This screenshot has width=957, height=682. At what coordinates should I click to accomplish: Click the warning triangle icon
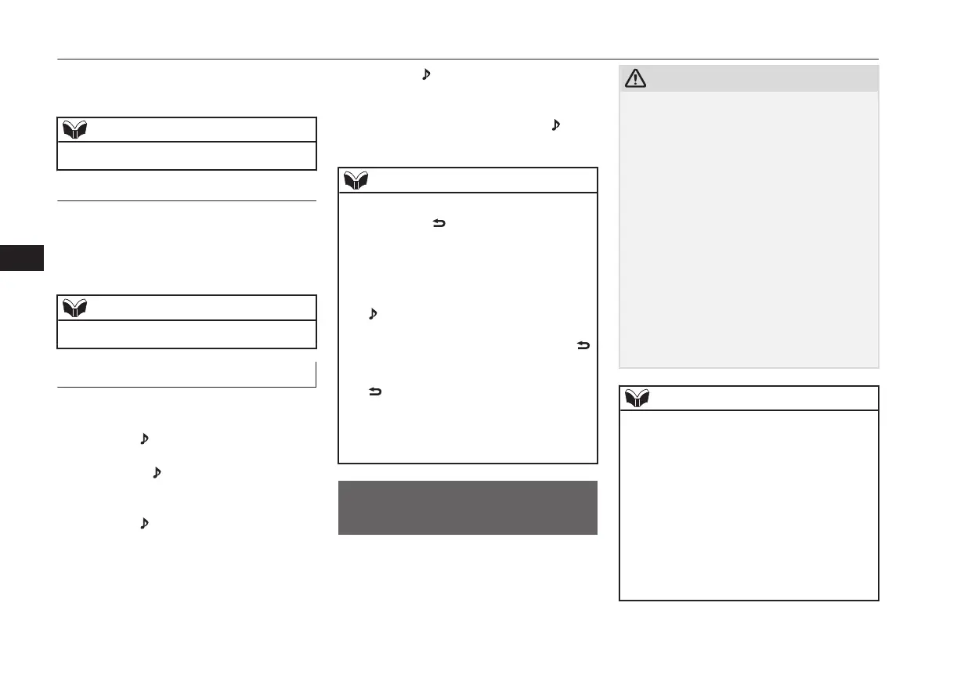tap(635, 79)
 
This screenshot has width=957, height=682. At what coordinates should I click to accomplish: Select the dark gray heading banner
tap(468, 507)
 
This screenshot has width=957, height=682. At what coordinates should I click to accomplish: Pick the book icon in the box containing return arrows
tap(357, 181)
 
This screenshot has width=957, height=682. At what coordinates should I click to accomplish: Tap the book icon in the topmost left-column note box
tap(75, 130)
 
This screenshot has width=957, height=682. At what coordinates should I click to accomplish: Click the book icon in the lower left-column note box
tap(75, 308)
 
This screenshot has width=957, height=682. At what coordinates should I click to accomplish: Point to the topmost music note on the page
tap(426, 74)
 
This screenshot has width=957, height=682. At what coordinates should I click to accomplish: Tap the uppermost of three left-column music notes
tap(143, 440)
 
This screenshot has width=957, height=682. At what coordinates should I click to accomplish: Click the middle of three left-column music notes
tap(157, 473)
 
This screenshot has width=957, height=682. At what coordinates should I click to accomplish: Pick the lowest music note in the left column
tap(143, 522)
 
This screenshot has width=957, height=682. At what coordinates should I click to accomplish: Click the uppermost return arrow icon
tap(439, 224)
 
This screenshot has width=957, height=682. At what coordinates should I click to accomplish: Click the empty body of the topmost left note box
tap(186, 156)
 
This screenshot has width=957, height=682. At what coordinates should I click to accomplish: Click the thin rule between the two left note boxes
tap(186, 201)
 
